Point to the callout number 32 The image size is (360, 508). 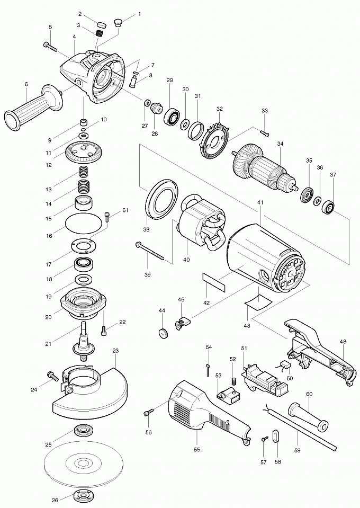(220, 109)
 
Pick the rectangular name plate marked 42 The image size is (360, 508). (213, 282)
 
